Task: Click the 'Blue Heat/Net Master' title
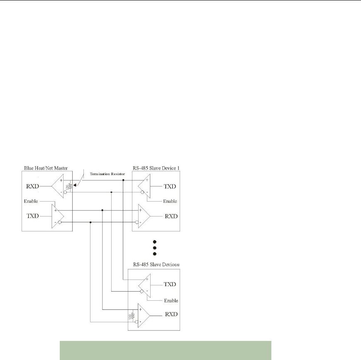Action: tap(46, 168)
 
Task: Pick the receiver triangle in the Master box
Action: tap(59, 187)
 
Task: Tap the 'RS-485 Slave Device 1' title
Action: tap(156, 168)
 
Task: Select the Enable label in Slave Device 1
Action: tap(170, 201)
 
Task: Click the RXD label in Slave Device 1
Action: tap(169, 216)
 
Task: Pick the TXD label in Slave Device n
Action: tap(169, 285)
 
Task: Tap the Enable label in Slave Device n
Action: tap(170, 299)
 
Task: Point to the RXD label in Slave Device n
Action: tap(169, 314)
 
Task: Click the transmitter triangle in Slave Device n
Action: tap(145, 285)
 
